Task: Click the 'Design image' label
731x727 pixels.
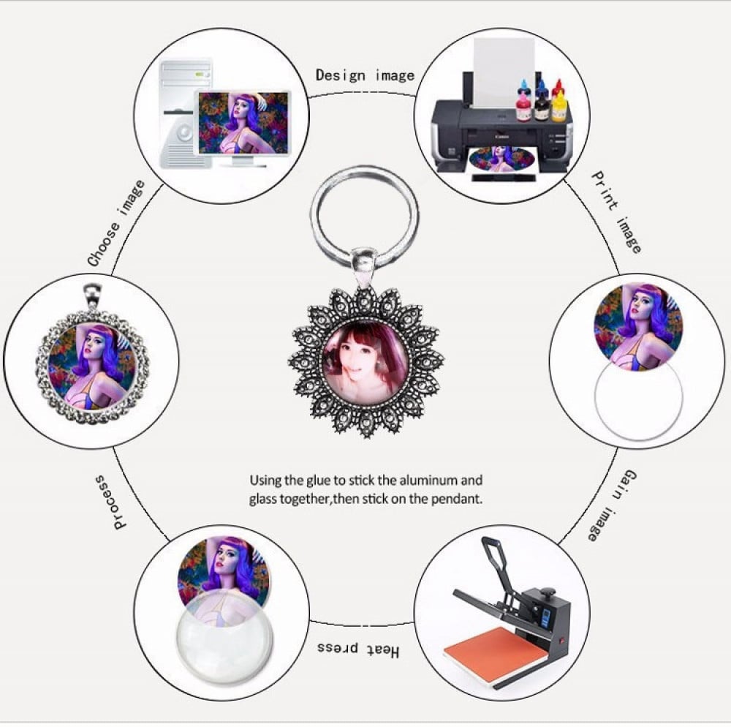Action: click(365, 75)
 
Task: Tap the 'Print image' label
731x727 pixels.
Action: click(616, 212)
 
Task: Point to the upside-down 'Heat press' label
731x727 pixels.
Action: click(358, 649)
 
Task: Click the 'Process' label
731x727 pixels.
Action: click(107, 502)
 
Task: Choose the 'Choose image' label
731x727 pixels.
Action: click(116, 223)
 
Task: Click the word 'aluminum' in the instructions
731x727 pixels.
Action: click(422, 480)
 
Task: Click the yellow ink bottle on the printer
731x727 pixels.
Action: click(559, 106)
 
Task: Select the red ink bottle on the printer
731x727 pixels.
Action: click(558, 88)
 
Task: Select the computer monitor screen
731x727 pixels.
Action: click(243, 123)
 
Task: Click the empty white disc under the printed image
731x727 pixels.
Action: click(638, 402)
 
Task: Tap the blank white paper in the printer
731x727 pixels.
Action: click(504, 72)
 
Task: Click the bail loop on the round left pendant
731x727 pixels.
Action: click(92, 295)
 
